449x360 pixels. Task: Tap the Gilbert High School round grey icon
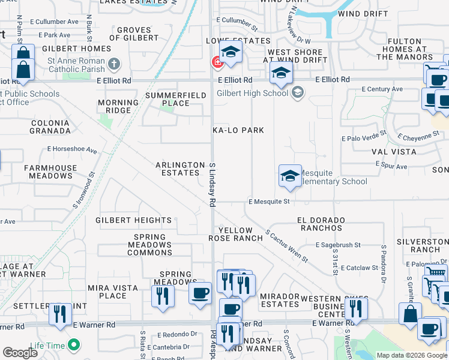point(297,92)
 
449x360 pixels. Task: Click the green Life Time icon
point(74,345)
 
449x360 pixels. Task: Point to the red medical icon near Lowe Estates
point(215,61)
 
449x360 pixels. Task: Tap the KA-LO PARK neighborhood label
point(238,130)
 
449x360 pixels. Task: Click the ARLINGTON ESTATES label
point(180,169)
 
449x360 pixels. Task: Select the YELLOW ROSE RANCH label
point(236,234)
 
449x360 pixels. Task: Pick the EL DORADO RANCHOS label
point(328,224)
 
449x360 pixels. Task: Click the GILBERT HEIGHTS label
point(133,221)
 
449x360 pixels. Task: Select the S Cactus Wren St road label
point(286,247)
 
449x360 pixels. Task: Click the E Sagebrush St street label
point(337,245)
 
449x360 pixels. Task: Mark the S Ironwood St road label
point(83,191)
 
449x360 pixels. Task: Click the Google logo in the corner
point(20,353)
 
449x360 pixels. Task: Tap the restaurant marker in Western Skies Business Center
point(357,308)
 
